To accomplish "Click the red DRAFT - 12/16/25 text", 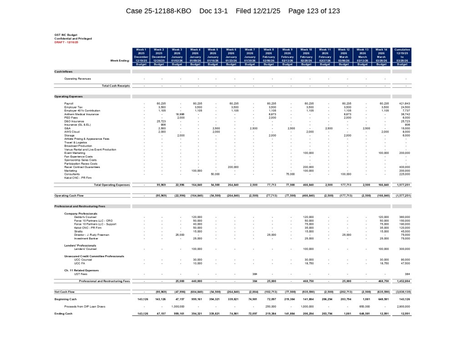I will [x=66, y=42].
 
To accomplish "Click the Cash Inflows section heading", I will [x=63, y=71].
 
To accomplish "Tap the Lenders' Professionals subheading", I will [x=81, y=245].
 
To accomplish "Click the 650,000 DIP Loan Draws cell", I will [x=366, y=306].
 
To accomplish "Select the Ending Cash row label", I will [x=64, y=314].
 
